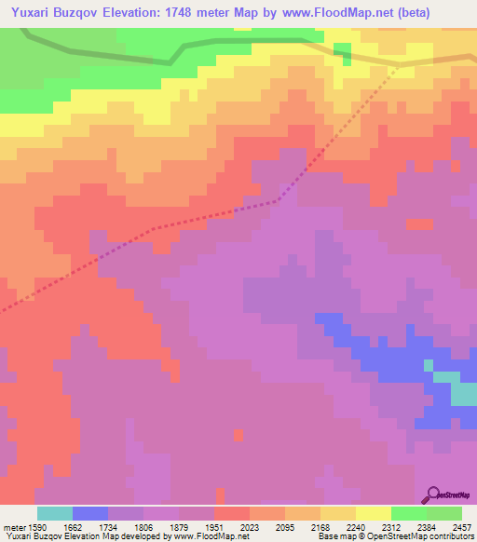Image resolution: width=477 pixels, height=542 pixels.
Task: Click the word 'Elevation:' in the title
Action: coord(137,13)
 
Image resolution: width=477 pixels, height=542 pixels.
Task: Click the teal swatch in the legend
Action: coord(55,513)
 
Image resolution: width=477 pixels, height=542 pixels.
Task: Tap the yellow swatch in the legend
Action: coord(373,513)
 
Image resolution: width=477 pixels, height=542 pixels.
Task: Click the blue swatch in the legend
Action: coord(90,513)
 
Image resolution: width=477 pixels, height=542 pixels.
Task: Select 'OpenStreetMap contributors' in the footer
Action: coord(429,536)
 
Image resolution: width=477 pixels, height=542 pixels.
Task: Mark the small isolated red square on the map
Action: coord(238,435)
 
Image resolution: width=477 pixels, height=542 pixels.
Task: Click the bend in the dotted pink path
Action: coord(278,200)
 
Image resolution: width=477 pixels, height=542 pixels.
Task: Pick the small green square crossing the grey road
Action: coord(342,54)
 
